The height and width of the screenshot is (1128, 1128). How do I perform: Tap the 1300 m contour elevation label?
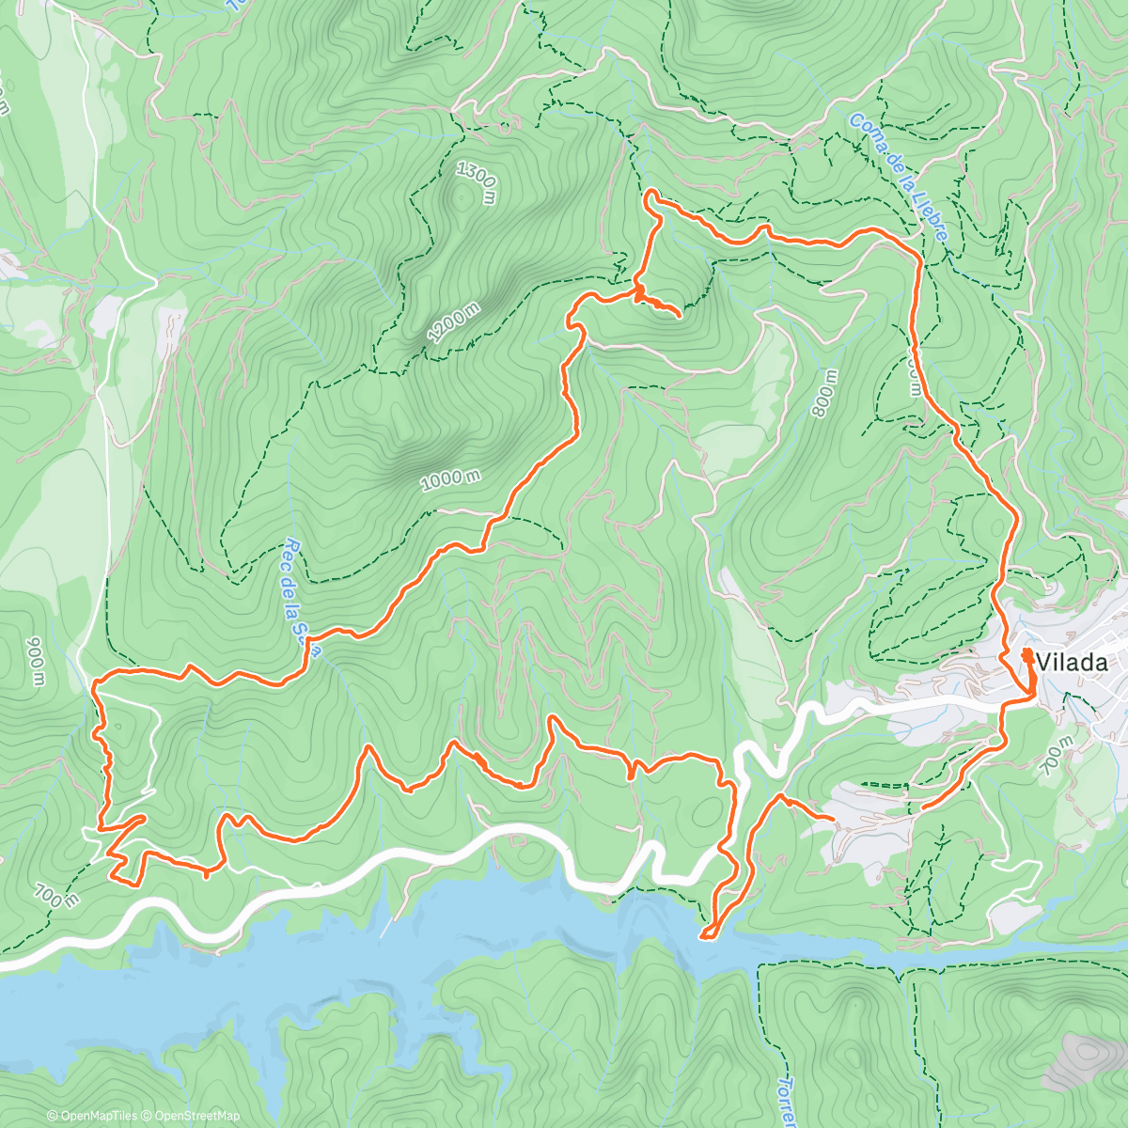pos(476,181)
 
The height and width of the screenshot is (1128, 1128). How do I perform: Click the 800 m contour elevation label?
pos(826,393)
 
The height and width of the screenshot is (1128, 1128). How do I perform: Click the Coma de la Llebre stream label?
pos(898,179)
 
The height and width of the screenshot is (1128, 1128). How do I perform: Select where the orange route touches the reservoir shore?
pos(706,934)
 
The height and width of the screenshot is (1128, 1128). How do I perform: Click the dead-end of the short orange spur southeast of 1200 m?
pos(679,316)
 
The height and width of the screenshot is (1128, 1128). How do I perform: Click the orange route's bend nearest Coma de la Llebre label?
pos(916,254)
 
